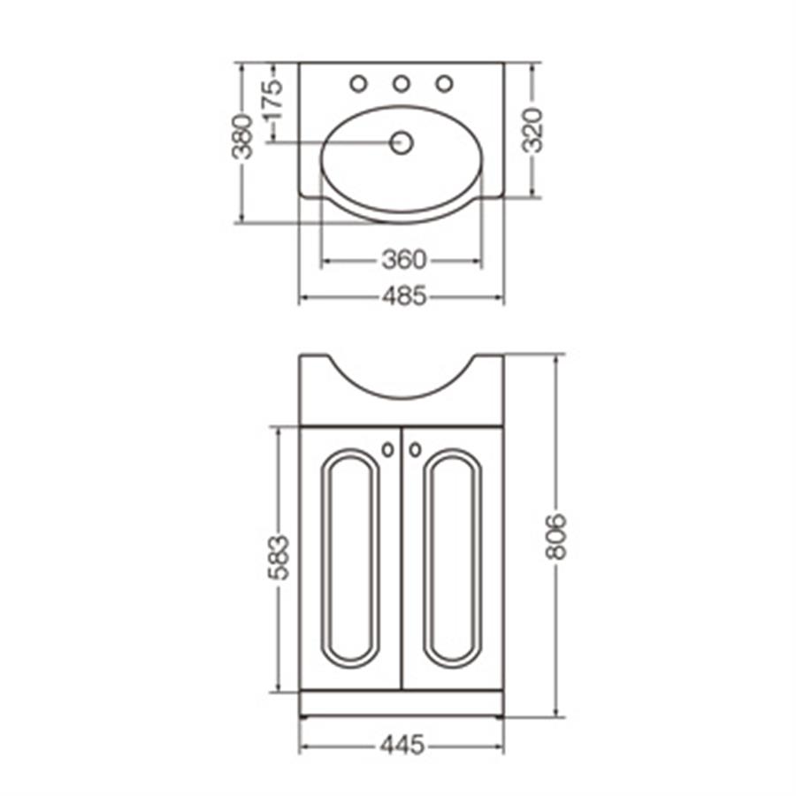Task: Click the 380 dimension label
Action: point(242,137)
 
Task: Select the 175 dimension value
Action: point(273,99)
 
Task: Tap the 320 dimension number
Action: point(533,131)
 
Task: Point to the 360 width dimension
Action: point(404,260)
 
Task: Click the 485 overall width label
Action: point(404,296)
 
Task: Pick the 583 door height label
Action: point(279,557)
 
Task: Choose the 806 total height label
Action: point(555,537)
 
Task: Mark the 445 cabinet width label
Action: point(402,746)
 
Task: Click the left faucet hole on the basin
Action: point(358,84)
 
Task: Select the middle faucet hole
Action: point(402,84)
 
